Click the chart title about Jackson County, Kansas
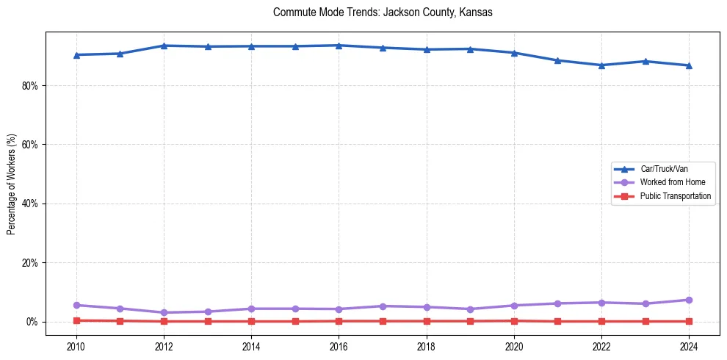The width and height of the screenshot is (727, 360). (382, 12)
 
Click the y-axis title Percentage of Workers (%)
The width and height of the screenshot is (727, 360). (11, 184)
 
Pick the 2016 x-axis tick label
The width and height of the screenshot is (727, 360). (339, 345)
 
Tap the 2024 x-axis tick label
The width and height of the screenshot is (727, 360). (689, 345)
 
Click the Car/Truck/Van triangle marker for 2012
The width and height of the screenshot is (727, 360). (164, 46)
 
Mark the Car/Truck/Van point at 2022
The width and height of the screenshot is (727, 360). (601, 65)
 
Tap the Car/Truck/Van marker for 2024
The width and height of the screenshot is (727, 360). (689, 65)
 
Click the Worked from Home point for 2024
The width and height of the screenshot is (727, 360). (689, 300)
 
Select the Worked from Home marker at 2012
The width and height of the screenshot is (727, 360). (164, 312)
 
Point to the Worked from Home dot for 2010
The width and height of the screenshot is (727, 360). (76, 305)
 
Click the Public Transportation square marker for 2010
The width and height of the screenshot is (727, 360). (76, 320)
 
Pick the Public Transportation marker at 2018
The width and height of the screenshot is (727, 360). (426, 321)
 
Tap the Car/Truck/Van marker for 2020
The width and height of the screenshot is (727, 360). (514, 53)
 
